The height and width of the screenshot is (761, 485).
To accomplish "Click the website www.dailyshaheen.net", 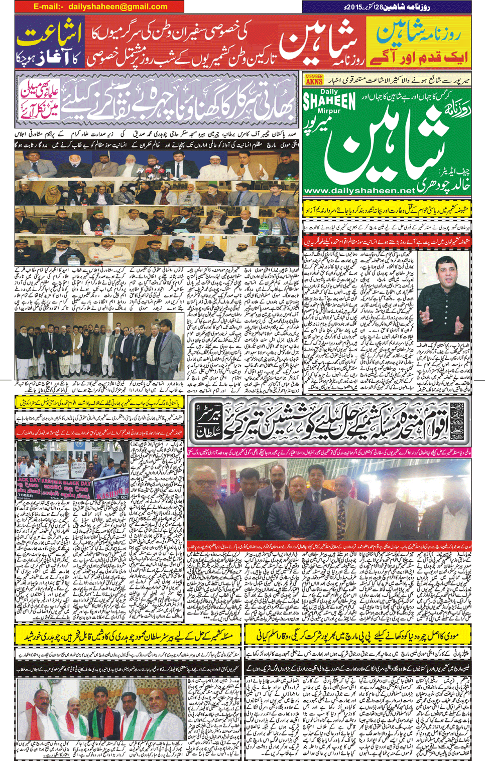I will click(359, 191).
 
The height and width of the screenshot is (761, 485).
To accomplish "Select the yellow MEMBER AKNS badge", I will click(314, 79).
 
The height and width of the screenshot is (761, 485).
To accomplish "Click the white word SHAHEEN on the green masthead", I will click(329, 101).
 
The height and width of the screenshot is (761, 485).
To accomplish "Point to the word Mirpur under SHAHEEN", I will click(329, 113).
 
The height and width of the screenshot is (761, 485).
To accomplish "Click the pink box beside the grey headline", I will click(40, 100).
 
